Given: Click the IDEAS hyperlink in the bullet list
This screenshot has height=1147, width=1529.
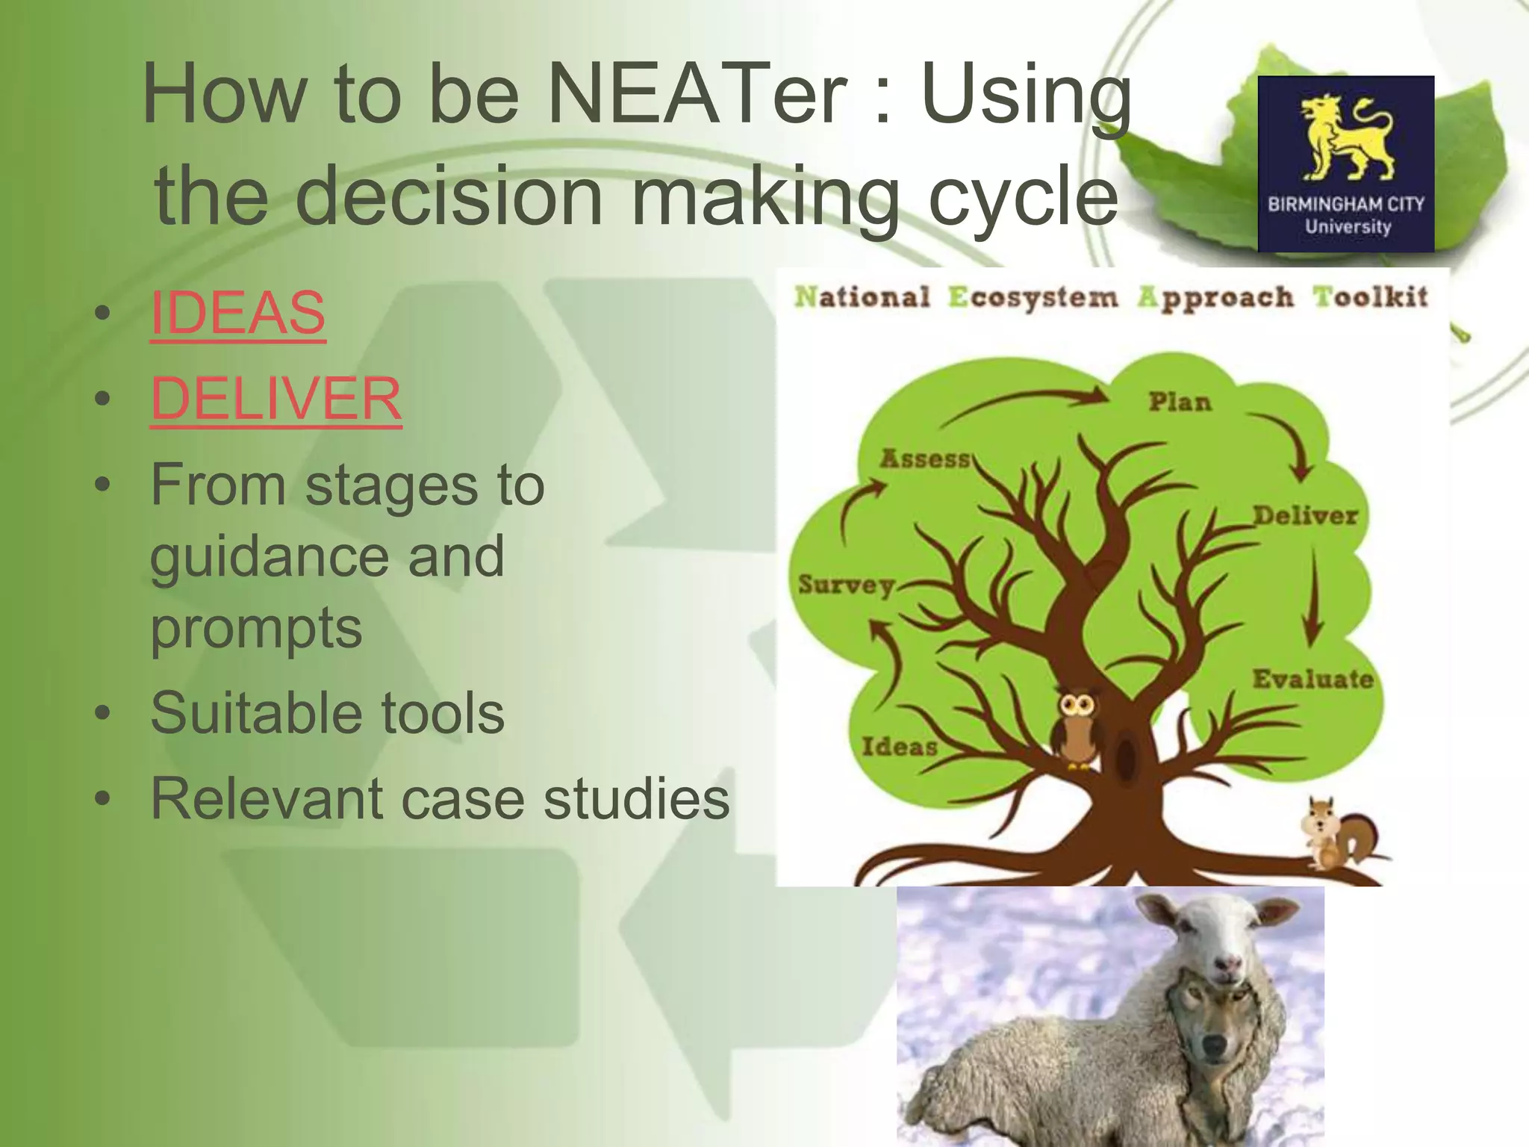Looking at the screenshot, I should click(237, 313).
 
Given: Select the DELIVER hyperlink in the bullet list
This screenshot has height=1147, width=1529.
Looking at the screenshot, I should click(275, 399).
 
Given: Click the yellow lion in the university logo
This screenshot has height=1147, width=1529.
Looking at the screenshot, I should click(1346, 138).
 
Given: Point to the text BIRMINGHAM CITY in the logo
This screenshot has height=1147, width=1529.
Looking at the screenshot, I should click(1346, 204).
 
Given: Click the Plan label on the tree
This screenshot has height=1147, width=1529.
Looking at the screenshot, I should click(1180, 402).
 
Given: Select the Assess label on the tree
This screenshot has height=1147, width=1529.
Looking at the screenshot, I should click(925, 459).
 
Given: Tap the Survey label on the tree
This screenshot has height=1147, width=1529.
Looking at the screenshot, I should click(847, 585).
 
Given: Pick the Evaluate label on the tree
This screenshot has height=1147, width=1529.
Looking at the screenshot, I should click(1312, 679).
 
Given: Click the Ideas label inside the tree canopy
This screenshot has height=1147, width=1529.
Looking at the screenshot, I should click(899, 746).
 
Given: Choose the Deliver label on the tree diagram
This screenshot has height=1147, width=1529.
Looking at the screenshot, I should click(1305, 515).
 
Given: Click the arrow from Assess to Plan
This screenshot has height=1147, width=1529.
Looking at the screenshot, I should click(1030, 400).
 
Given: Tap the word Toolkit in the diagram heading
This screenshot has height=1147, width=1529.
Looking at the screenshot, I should click(1370, 297).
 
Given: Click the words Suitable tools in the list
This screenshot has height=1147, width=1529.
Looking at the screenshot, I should click(327, 713).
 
